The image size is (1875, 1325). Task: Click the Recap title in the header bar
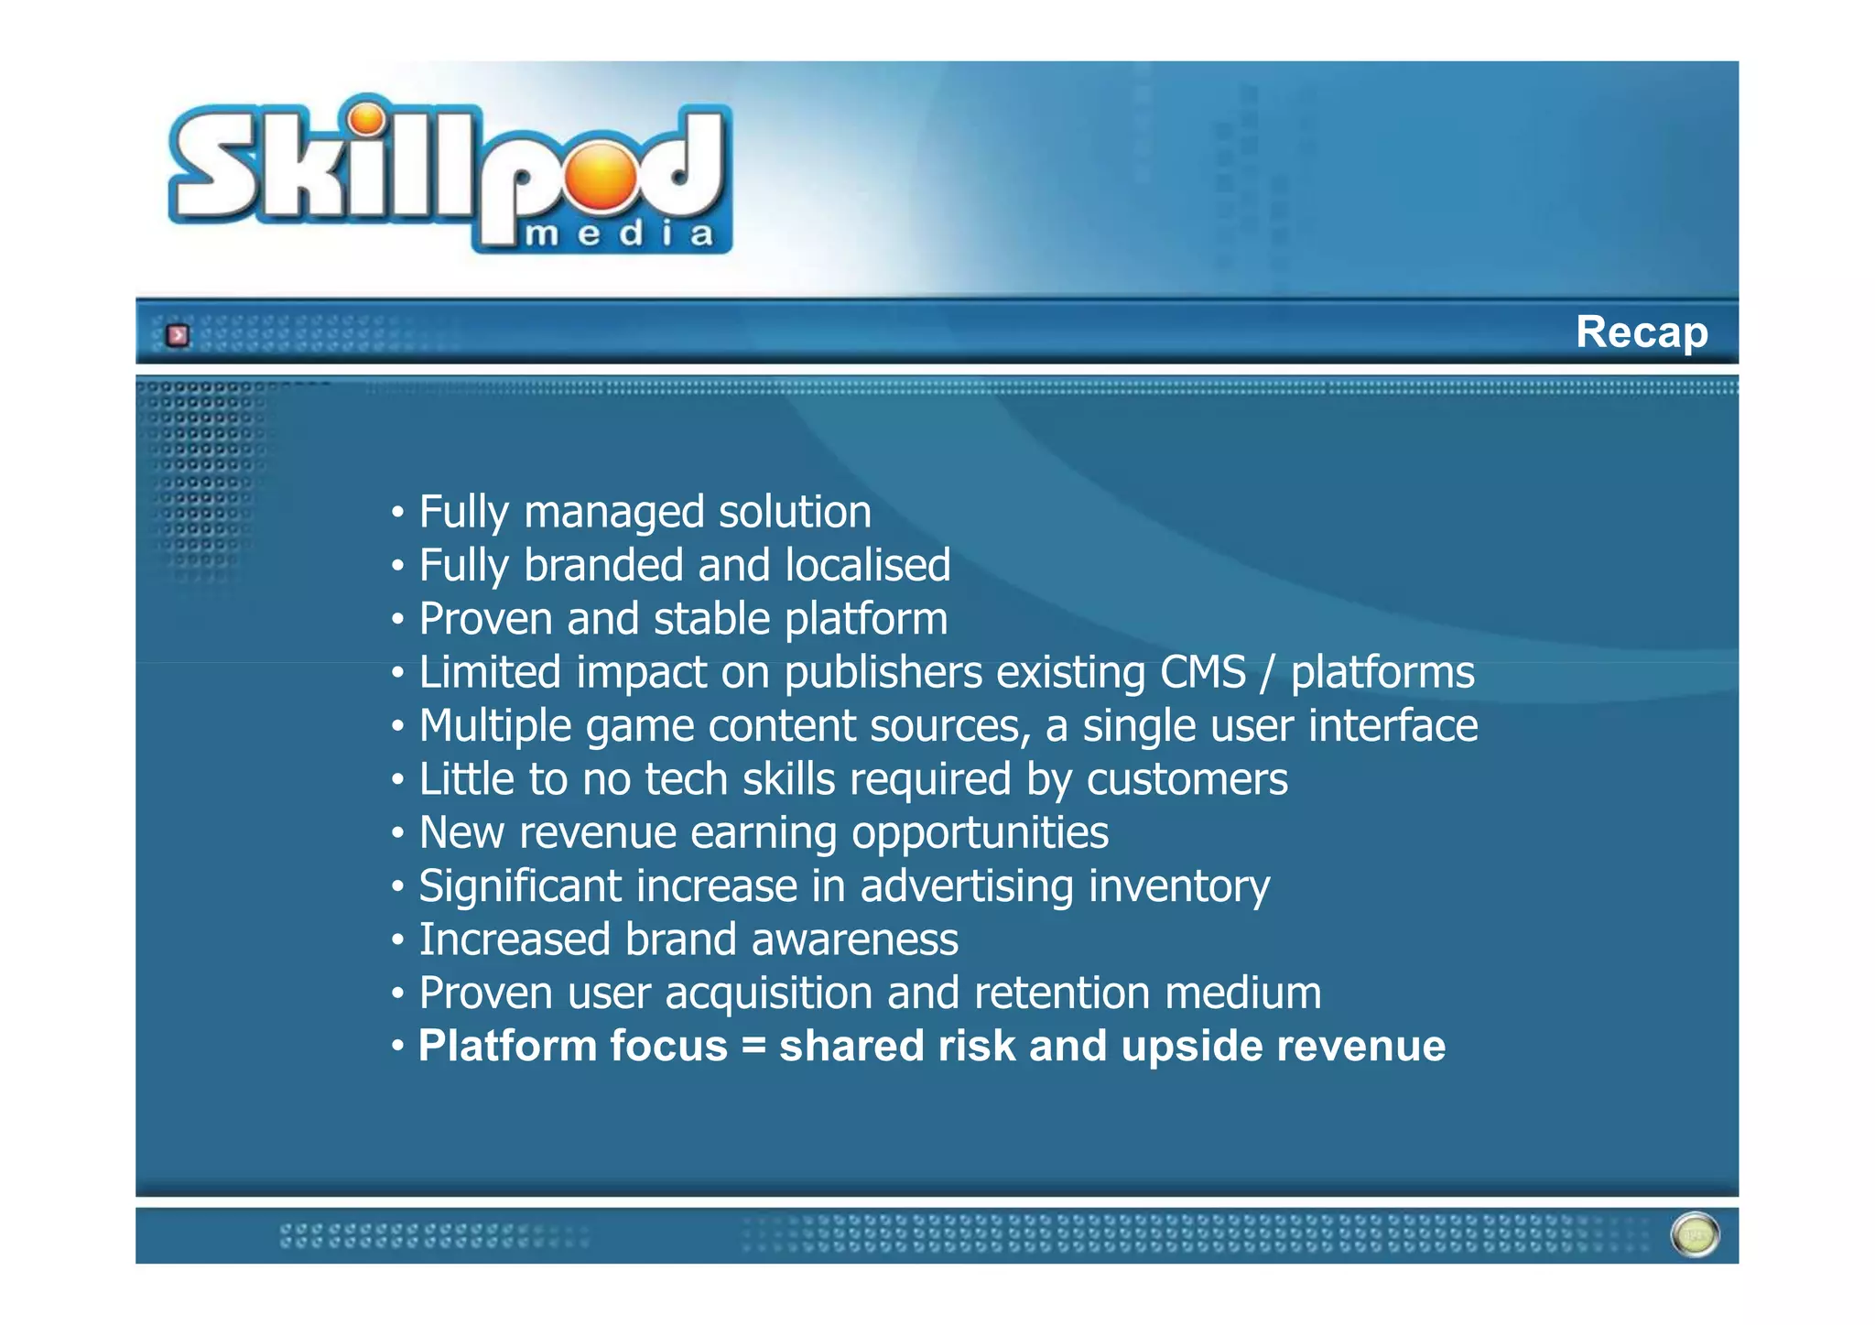[1641, 331]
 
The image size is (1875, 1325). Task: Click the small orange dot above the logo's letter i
[367, 119]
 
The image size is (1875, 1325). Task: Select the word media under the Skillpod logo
[620, 234]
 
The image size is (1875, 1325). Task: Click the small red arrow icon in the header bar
[178, 335]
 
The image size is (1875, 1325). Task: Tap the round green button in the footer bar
[1695, 1234]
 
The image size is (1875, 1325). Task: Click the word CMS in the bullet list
[1202, 672]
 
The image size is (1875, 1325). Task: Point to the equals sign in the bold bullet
[753, 1047]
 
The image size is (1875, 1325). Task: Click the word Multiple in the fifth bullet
[495, 726]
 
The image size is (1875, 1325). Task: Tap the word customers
[1187, 780]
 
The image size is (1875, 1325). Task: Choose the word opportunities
[980, 833]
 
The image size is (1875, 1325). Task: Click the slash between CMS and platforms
[1267, 674]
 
